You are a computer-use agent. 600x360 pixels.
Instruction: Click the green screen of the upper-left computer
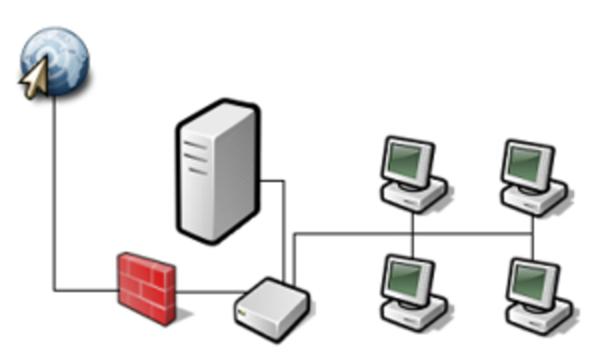tap(411, 160)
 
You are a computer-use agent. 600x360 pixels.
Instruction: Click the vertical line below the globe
tap(54, 187)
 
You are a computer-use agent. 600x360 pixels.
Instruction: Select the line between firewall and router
tap(205, 292)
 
